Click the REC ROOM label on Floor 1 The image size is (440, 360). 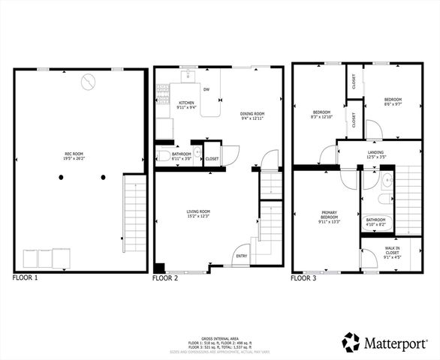tap(72, 156)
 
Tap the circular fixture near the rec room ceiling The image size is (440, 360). tap(89, 79)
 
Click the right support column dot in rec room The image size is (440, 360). tap(104, 178)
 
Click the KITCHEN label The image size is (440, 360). tap(186, 104)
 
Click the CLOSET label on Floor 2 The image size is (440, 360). tap(212, 159)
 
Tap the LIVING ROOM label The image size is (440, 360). tap(198, 214)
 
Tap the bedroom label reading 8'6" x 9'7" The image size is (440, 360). tap(393, 103)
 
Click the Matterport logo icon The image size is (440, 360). tap(351, 342)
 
